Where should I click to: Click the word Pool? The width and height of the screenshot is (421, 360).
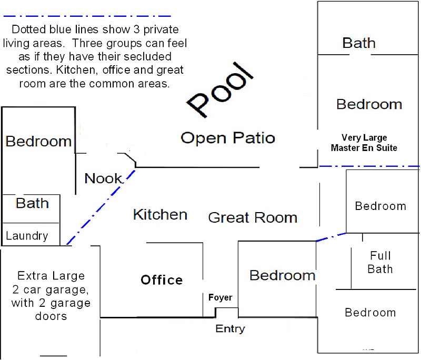coord(220,90)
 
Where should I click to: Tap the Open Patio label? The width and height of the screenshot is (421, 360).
coord(228,138)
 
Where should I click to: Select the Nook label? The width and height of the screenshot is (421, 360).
coord(103,178)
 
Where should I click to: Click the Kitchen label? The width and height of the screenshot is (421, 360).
coord(161,215)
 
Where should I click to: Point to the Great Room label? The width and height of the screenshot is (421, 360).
coord(253,217)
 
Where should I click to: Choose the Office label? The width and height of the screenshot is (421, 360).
coord(162,280)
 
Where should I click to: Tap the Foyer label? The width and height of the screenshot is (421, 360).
coord(220,297)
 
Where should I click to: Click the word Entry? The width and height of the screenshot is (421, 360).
coord(230,328)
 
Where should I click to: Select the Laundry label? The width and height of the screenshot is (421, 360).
coord(27,236)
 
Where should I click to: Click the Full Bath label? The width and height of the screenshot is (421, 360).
coord(380,262)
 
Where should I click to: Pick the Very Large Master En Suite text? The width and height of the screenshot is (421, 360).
coord(364,143)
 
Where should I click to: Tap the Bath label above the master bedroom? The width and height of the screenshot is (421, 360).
coord(359,43)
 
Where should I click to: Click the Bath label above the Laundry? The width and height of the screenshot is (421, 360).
coord(32,203)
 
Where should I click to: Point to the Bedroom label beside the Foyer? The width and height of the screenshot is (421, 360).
coord(283,275)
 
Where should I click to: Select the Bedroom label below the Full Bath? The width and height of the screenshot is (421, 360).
coord(370,313)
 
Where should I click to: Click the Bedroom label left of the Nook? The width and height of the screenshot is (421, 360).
coord(38,141)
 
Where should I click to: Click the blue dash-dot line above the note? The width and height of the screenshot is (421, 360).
coord(87,16)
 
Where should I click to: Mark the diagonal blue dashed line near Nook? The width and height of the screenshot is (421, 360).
coord(101,207)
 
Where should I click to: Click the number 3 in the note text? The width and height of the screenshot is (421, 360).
coord(137,29)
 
